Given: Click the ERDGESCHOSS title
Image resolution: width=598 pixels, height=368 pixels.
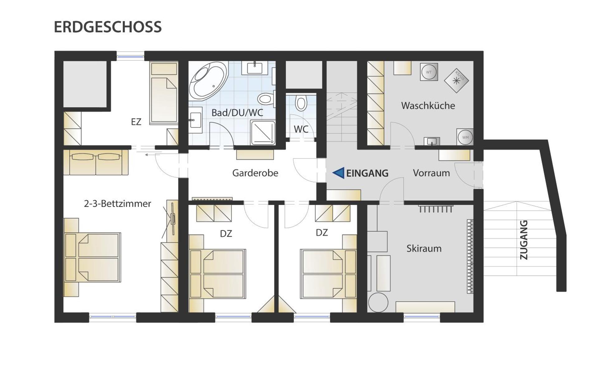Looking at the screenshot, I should pos(108,27).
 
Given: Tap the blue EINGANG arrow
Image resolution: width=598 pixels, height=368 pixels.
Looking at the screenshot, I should pos(339,173).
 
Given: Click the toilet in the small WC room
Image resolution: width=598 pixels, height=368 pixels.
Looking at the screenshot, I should pos(301,103).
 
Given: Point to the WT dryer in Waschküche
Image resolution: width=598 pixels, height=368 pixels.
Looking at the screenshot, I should pos(429,72).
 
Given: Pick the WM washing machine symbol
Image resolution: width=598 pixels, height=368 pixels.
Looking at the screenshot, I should pos(465,137).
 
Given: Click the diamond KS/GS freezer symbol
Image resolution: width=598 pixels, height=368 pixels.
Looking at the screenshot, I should pos(456,80).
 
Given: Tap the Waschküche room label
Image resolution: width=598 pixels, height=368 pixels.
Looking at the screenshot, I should pos(428,106).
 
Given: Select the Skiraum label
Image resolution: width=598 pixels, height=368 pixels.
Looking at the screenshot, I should pos(424,248).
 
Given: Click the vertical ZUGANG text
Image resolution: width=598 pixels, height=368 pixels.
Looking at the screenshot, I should pos(524,240).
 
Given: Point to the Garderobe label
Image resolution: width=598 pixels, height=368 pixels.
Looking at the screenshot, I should pos(255,173).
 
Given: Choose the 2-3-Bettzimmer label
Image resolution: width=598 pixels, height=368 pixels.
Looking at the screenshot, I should pos(117,203).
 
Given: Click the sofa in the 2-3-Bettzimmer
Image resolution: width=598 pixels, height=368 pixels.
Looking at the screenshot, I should pos(96,162).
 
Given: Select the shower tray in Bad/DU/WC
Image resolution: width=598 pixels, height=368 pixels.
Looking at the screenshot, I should pos(263,133).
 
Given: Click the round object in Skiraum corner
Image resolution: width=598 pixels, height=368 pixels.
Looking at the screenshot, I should pos(378,302).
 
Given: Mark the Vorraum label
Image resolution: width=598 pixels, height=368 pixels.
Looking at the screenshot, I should pos(431,173).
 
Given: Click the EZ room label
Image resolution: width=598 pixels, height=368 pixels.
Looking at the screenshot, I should pos(136,122).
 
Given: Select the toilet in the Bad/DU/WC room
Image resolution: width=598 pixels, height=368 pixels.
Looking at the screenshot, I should pos(266,99).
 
